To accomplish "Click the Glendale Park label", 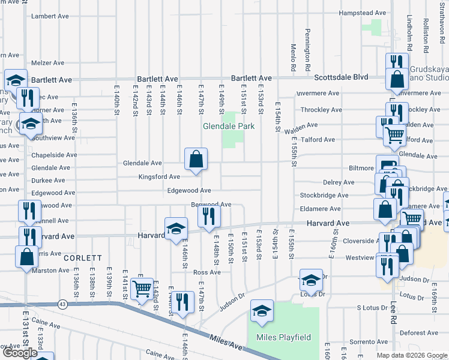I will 229,126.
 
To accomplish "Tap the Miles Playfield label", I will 284,337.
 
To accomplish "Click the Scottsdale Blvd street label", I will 342,77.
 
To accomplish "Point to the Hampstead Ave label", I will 363,13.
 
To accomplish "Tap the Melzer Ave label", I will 47,63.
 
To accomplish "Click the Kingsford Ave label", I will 159,177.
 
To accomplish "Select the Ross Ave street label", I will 207,272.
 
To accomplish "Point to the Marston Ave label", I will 53,270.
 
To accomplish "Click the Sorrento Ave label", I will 369,341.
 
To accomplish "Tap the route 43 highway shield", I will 62,304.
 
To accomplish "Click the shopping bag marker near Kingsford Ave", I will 196,160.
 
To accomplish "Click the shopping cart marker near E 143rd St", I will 142,290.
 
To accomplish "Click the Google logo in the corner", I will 20,353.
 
